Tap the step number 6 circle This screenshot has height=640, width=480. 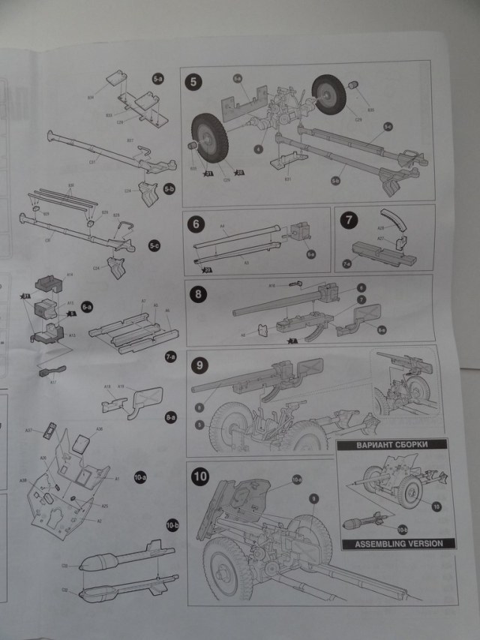tap(196, 224)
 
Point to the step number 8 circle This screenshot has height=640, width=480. tap(199, 293)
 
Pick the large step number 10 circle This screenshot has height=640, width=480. tap(200, 476)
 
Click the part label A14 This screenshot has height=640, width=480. tap(69, 275)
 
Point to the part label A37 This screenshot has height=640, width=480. tap(28, 430)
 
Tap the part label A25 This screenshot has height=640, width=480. tap(105, 506)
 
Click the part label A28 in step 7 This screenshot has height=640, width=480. tap(379, 226)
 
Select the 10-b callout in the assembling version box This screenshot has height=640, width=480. tap(403, 530)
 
